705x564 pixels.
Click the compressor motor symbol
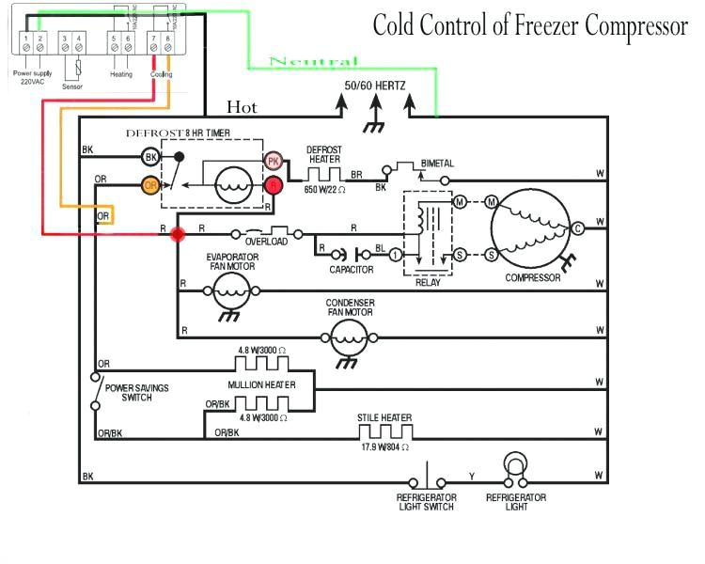532,228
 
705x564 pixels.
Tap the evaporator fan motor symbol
230,292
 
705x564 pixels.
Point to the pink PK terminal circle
274,162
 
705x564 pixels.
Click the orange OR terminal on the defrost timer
150,185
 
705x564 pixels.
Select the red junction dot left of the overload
177,232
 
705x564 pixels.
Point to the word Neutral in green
313,62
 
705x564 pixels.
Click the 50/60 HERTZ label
375,86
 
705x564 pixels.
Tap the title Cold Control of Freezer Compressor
530,25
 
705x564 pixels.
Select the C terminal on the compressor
578,228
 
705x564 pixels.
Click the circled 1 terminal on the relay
397,255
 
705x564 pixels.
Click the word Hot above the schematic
242,107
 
